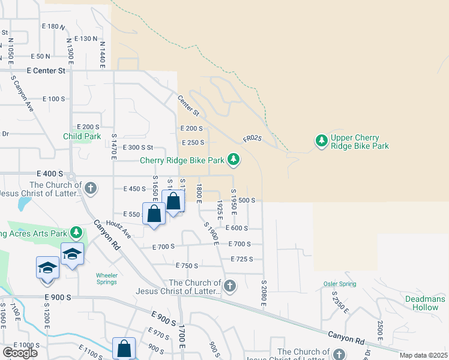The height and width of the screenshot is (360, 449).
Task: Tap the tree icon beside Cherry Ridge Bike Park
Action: point(234,160)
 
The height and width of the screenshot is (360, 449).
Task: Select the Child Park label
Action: point(82,136)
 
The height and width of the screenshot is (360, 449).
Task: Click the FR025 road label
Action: point(252,139)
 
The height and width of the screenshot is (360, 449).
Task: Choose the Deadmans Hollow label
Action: point(426,303)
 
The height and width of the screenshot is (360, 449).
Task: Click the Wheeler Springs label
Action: point(107,279)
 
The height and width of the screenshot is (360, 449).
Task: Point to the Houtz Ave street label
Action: point(118,228)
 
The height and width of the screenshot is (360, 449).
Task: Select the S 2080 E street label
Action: point(263,292)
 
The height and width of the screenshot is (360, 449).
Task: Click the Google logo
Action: point(20,353)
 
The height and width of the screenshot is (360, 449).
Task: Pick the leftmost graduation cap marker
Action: point(47,267)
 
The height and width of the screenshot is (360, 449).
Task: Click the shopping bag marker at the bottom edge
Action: point(124,348)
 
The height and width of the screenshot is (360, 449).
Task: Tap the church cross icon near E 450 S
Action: point(90,188)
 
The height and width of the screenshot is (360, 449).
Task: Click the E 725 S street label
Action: point(242,259)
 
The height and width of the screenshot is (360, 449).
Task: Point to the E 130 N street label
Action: point(86,38)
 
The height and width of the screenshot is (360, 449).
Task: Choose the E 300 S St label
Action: point(138,147)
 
